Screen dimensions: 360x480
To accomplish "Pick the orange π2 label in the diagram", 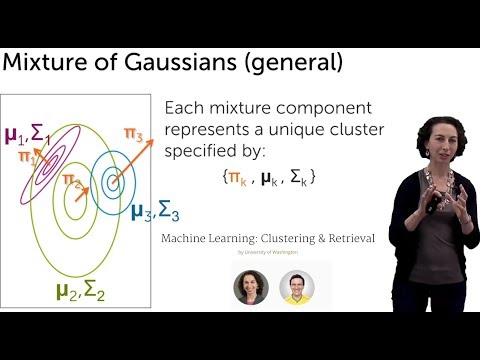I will pos(71,180).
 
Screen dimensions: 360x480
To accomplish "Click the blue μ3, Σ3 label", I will pos(155,212).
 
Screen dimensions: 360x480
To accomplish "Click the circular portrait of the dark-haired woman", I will pos(251,288).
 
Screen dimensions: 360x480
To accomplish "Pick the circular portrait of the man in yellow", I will pos(297,288).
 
